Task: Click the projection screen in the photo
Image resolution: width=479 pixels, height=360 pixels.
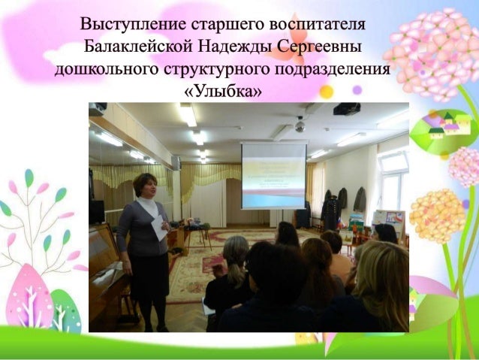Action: tap(273, 175)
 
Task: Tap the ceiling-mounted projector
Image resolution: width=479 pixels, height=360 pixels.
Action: tap(346, 108)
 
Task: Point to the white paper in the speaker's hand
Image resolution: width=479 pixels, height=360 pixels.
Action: tap(158, 226)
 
